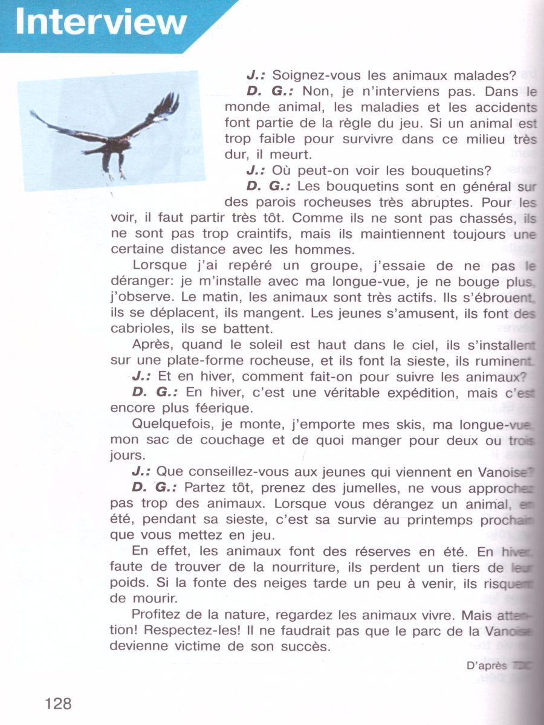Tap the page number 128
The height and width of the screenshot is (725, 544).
click(x=58, y=703)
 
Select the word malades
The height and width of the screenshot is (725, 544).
click(x=481, y=76)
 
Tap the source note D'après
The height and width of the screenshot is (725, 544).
click(x=487, y=666)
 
